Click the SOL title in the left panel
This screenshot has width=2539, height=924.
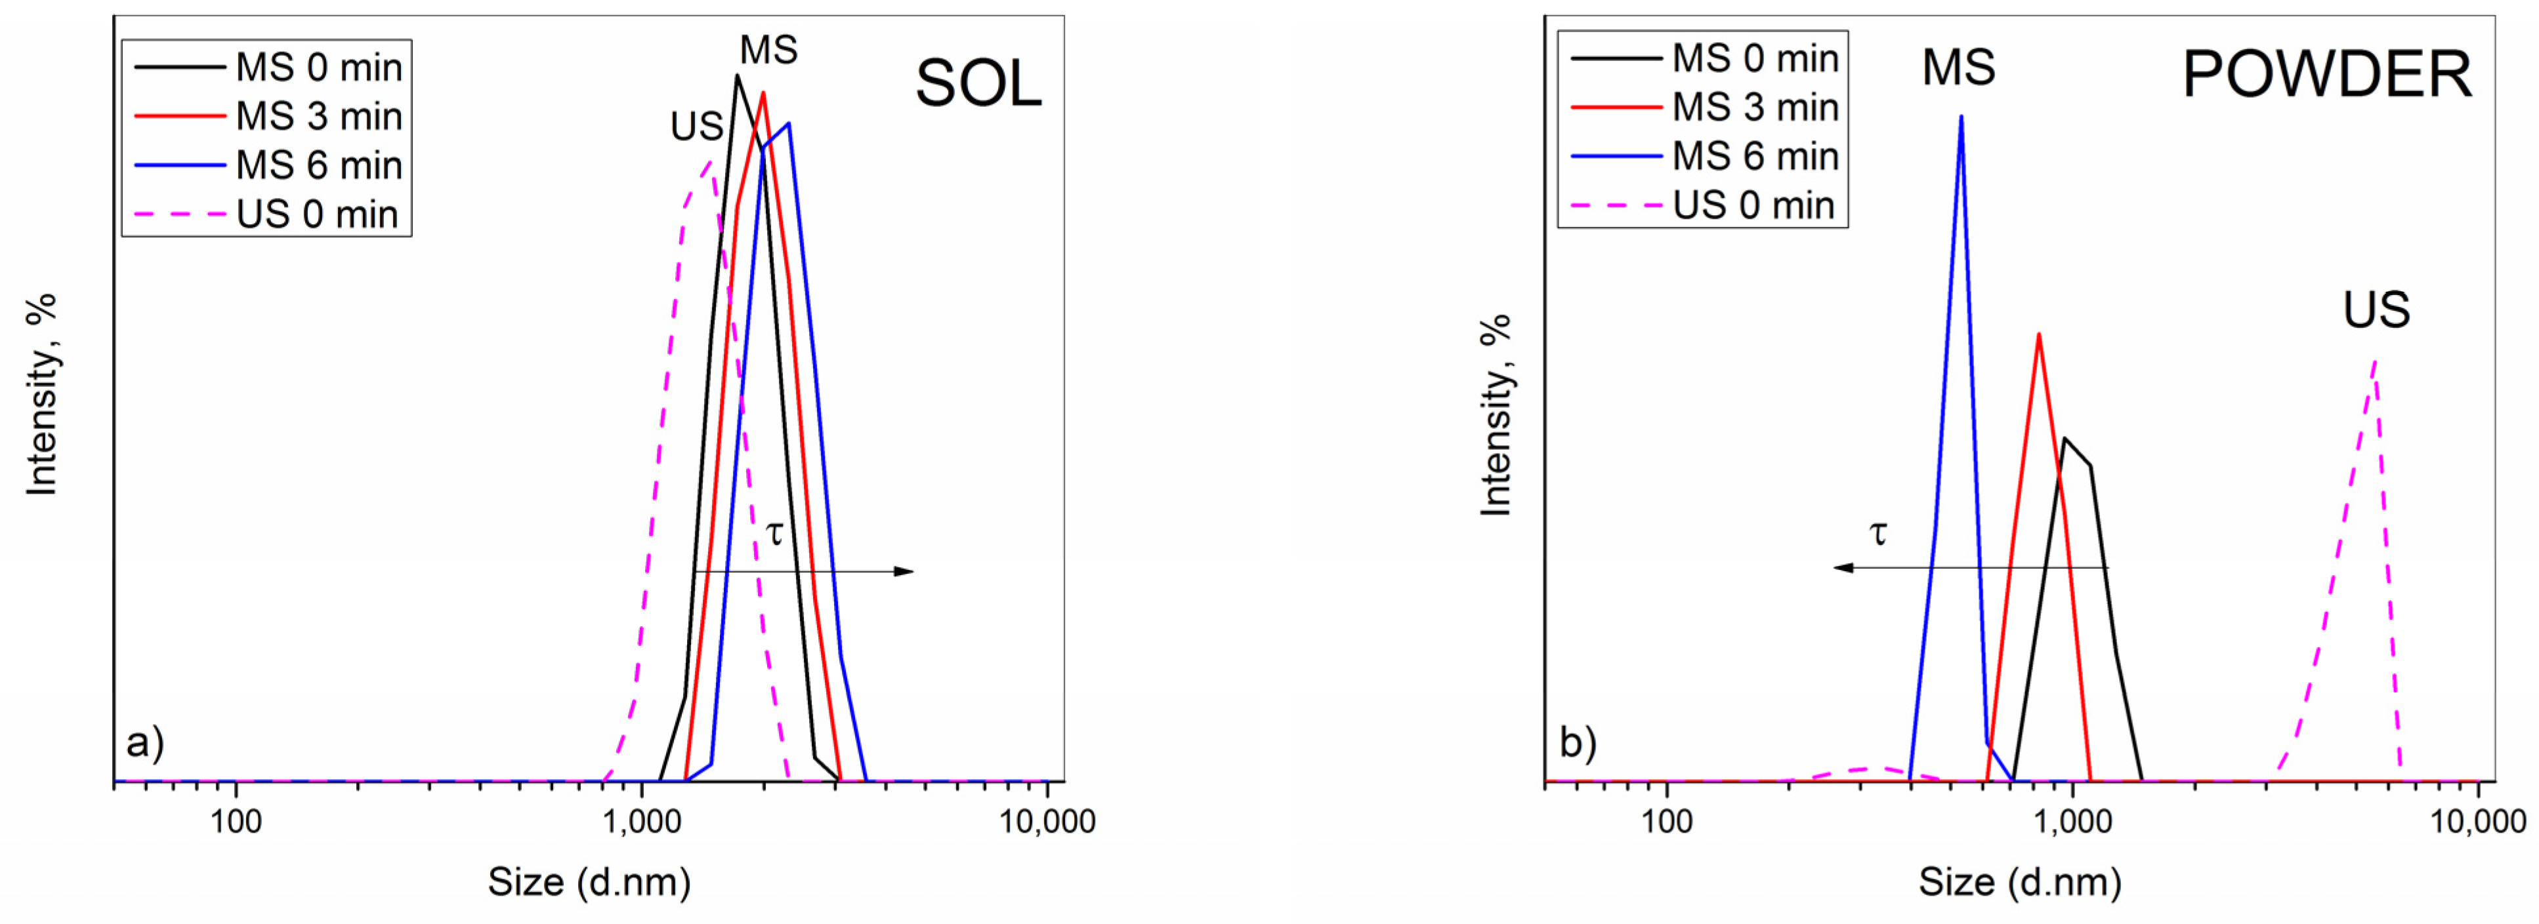point(978,84)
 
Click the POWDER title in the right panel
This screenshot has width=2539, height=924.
point(2326,75)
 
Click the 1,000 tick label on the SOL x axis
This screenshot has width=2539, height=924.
point(642,820)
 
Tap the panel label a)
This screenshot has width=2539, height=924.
point(145,742)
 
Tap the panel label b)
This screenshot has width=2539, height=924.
point(1577,742)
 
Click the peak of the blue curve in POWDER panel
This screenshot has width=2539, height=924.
point(1960,117)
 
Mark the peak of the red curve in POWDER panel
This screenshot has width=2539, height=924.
point(2038,335)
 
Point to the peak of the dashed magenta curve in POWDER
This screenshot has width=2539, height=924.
point(2376,361)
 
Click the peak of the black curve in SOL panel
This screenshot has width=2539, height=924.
point(736,76)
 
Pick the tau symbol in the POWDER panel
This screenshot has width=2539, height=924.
point(1879,533)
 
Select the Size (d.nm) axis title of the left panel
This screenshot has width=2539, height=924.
point(589,881)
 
